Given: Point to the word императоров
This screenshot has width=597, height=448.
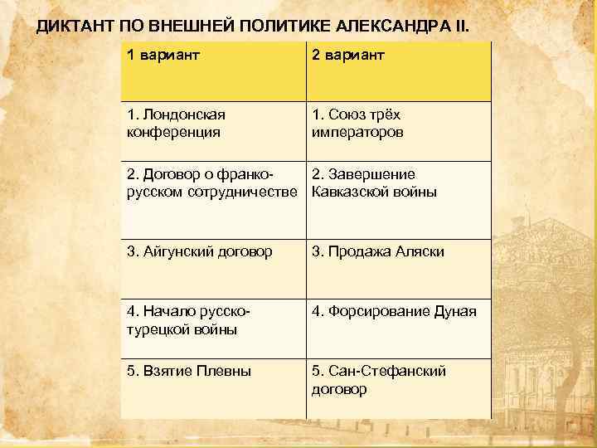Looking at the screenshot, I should (x=357, y=132).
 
